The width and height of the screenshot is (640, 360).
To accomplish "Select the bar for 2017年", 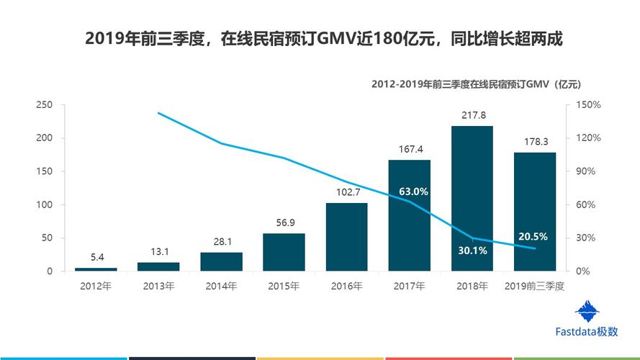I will (409, 216).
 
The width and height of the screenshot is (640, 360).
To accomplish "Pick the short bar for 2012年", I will (96, 269).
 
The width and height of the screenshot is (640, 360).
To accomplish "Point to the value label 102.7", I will (346, 192).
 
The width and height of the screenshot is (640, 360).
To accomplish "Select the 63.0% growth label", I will (413, 192).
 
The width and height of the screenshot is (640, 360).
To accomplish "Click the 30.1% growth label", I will (472, 251).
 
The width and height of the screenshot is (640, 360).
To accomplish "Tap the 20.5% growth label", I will (533, 236).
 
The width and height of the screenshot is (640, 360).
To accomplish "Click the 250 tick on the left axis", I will (45, 105).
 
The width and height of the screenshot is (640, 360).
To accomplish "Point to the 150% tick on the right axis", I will (587, 105).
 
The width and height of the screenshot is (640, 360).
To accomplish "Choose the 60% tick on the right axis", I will (585, 205).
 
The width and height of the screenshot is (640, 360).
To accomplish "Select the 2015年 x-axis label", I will (284, 287).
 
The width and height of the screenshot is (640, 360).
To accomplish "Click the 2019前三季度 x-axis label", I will (534, 287).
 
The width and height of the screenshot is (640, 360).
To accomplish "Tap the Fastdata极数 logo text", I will (587, 332).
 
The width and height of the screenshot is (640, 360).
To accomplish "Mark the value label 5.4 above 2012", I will (96, 257).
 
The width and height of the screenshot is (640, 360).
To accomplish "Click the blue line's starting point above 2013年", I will (158, 113).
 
